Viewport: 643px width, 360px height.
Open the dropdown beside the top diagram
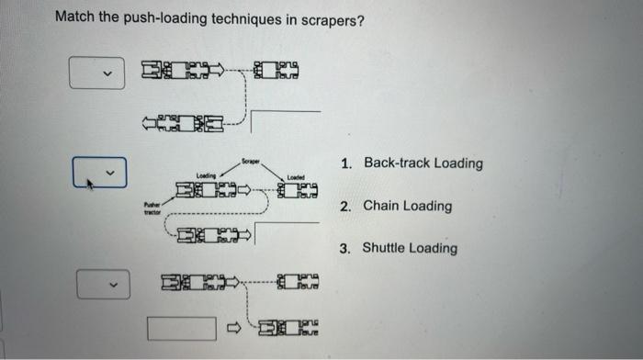pos(96,72)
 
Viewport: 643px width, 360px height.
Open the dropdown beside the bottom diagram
pos(98,283)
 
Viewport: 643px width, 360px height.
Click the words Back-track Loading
pos(423,163)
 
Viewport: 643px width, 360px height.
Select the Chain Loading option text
pos(407,206)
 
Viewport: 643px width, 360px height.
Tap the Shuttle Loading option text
pos(409,248)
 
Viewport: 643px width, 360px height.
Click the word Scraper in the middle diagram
pos(250,162)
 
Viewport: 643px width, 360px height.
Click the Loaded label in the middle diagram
pos(296,177)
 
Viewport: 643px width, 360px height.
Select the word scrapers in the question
pos(332,17)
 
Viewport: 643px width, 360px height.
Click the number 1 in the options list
pos(344,163)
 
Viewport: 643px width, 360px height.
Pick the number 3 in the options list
pos(344,248)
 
